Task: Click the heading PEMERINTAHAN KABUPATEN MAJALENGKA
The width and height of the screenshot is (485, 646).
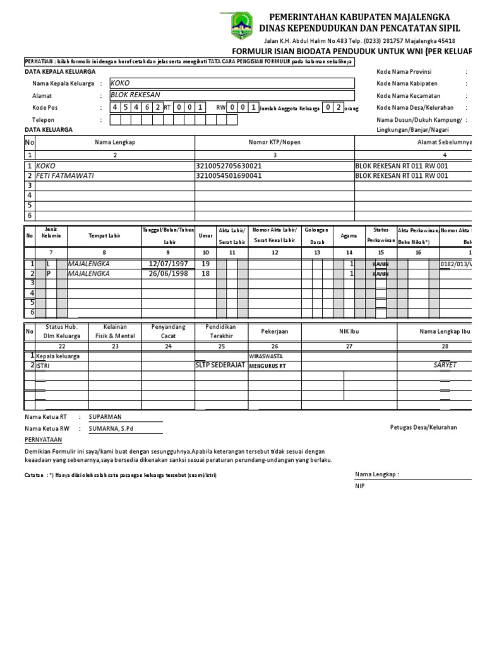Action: (359, 16)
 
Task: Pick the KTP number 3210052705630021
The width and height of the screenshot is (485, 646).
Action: (229, 166)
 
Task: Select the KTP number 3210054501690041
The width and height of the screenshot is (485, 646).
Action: (229, 176)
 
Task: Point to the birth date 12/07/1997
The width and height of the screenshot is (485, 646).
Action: (169, 264)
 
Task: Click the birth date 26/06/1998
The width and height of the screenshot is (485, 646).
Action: (169, 274)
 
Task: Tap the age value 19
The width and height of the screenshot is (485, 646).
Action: (205, 264)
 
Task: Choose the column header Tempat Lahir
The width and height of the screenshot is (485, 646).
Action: (104, 235)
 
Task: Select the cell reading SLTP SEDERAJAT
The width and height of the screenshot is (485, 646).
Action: (220, 365)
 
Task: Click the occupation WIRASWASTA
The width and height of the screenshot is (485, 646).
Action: (266, 356)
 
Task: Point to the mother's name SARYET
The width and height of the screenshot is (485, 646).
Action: (445, 365)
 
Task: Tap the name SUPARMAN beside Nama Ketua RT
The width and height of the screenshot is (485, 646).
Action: (105, 417)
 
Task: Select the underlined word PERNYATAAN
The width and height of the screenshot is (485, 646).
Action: (44, 439)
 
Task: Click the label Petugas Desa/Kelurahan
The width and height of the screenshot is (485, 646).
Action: (423, 427)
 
